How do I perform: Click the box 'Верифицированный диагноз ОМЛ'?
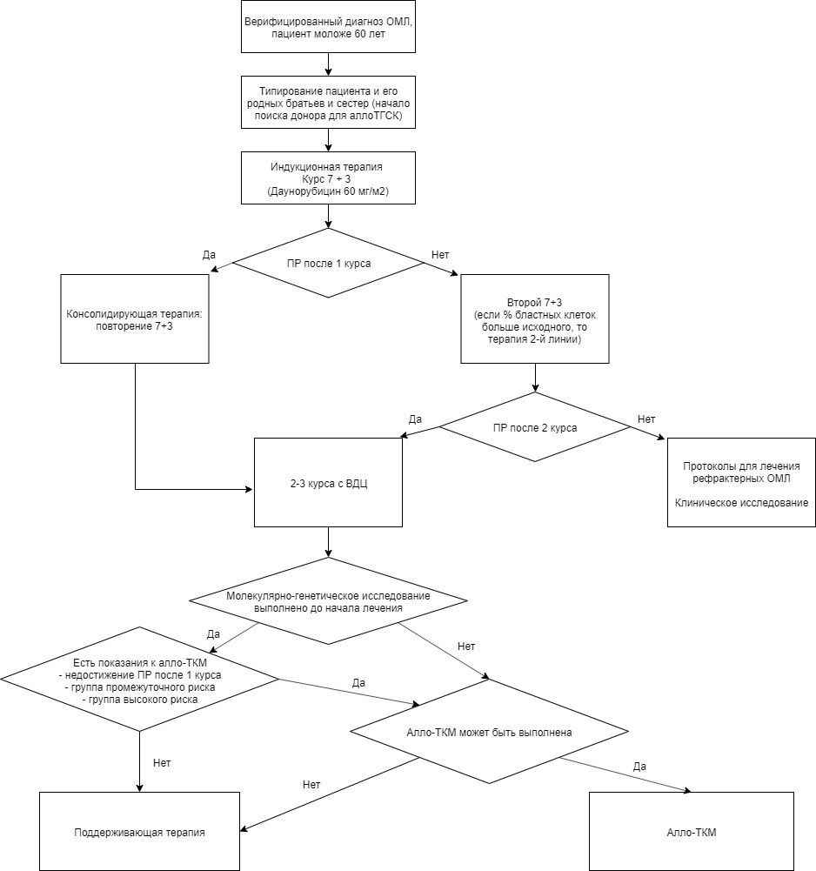click(328, 27)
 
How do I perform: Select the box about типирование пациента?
click(328, 102)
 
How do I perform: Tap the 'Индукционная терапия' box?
click(328, 178)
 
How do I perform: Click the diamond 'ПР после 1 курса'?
click(328, 263)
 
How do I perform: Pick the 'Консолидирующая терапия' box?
click(135, 318)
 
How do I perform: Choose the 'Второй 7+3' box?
click(535, 318)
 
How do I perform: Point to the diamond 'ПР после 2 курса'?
click(535, 427)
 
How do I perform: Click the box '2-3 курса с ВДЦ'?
click(328, 482)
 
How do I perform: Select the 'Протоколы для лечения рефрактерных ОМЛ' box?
click(741, 482)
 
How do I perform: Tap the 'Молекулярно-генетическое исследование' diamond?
click(328, 601)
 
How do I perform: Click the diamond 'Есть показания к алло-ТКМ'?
click(139, 680)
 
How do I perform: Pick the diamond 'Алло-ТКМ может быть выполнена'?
click(490, 732)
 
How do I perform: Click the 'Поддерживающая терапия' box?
click(139, 832)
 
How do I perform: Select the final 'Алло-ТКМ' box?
click(692, 832)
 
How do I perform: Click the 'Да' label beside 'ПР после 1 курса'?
click(209, 255)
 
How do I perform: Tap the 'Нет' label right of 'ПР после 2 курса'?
click(646, 419)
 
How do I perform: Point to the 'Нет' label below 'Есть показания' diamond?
click(162, 763)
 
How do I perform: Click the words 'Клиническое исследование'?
click(741, 503)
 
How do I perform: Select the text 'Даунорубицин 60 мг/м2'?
click(328, 191)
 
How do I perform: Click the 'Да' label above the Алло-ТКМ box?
click(639, 767)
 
